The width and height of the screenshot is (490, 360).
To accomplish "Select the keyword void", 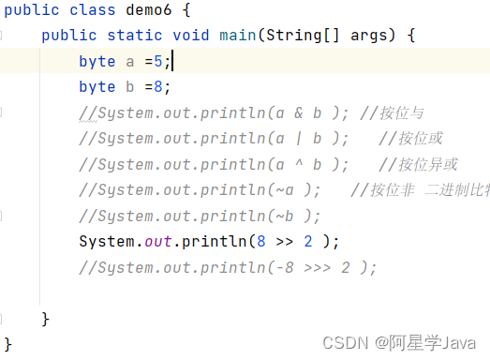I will [x=190, y=36].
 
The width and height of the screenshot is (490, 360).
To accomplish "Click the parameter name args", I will [x=370, y=36].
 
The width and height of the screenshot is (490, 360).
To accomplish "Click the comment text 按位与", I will [x=402, y=113].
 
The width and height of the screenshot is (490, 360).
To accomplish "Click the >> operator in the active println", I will [x=287, y=242].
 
